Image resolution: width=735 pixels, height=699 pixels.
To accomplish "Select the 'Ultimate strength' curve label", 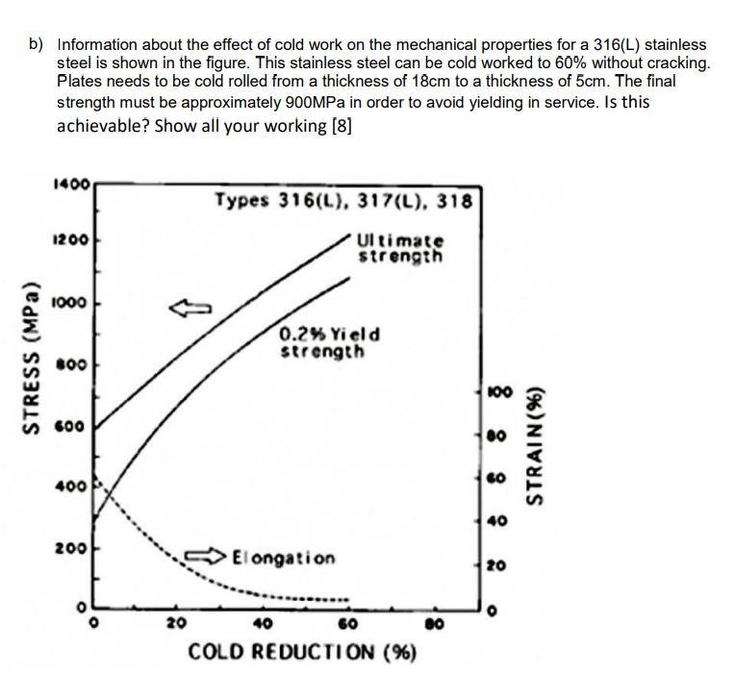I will point(400,248).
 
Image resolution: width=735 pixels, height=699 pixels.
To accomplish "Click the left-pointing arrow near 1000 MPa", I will point(190,308).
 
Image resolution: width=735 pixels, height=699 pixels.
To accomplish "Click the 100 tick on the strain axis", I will point(497,392).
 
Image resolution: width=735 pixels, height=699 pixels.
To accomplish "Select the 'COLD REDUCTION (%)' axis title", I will point(301,652).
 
